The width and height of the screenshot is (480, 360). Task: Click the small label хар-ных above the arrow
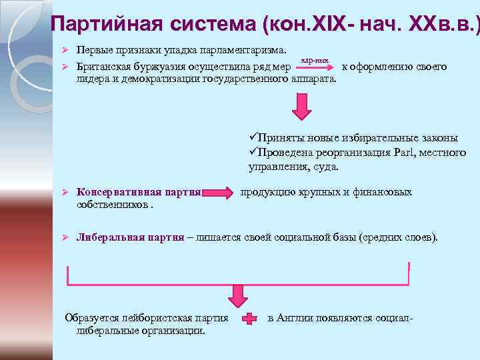(x=314, y=60)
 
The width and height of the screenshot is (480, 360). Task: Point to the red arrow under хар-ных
(x=314, y=67)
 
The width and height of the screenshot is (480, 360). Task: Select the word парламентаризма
(x=246, y=50)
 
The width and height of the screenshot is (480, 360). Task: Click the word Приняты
(x=283, y=138)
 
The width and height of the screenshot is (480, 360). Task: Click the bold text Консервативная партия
(x=139, y=192)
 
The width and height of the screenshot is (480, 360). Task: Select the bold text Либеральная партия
(x=130, y=237)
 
